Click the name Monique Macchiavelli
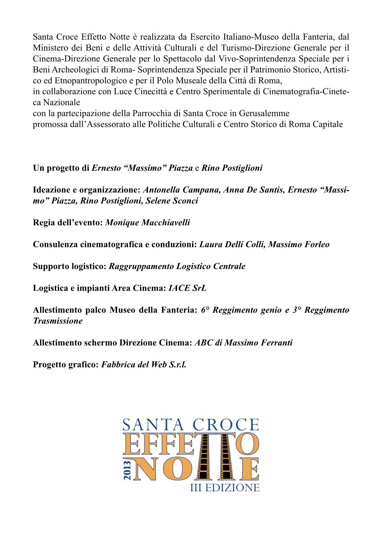[148, 223]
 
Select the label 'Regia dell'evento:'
[68, 223]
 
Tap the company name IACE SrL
[187, 288]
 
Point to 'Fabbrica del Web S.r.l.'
[144, 364]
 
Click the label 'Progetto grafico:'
[66, 364]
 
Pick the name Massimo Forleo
[299, 244]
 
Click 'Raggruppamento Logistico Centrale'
[177, 266]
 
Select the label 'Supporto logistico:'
[70, 266]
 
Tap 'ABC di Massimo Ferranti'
[243, 343]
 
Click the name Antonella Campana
[181, 190]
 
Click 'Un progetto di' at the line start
[61, 168]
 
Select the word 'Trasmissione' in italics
[58, 321]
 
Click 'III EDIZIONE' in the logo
[225, 488]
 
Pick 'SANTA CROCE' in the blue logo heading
[191, 425]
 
